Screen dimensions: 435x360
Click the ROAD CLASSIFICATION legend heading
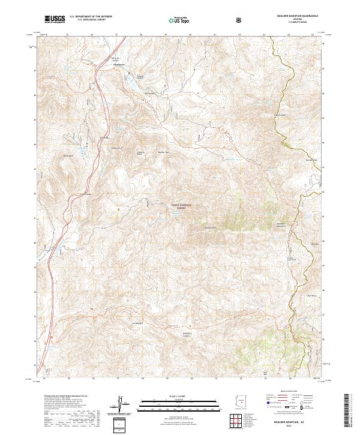coord(287,391)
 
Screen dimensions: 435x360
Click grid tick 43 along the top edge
coord(265,35)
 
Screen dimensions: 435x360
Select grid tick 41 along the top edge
coord(215,35)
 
